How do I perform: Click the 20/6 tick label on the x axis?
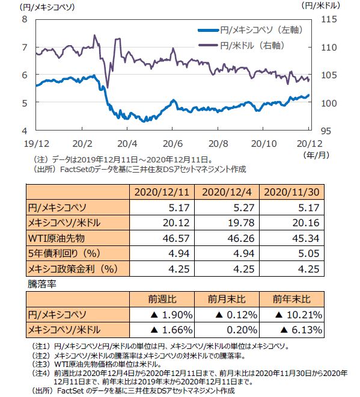coord(172,144)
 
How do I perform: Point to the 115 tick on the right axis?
coord(329,19)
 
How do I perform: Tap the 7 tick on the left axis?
coord(25,47)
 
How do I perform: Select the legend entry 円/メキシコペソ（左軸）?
coord(250,30)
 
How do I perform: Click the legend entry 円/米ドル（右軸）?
coord(242,45)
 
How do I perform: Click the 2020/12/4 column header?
coord(227,192)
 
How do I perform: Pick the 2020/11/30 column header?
coord(291,192)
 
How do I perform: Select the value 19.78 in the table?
coord(241,223)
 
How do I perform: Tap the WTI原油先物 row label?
coord(56,238)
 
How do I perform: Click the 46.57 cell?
coord(176,238)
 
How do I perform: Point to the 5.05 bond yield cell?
coord(309,253)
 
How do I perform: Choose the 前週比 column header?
coord(162,300)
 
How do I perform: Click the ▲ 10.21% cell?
coord(299,315)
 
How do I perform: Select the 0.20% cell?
coord(242,330)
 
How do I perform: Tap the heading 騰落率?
coord(41,284)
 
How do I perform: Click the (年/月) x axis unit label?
coord(317,155)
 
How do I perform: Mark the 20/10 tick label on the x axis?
coord(264,144)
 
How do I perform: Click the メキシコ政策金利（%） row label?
coord(73,269)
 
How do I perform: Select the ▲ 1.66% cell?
coord(171,330)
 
